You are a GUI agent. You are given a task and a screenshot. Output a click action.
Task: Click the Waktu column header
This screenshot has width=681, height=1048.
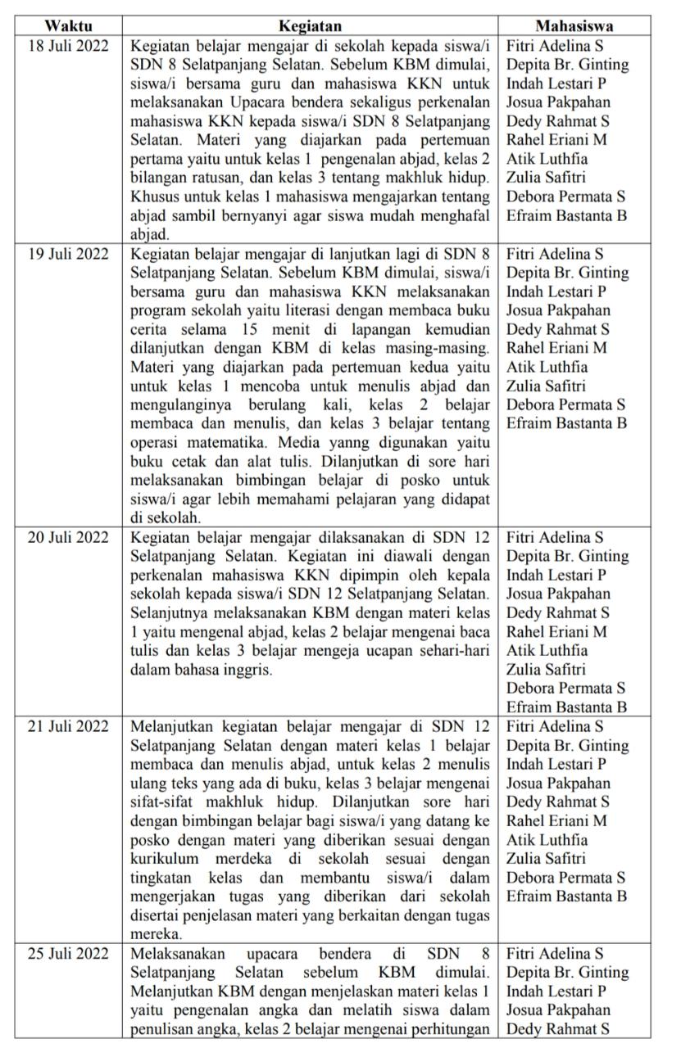pos(68,25)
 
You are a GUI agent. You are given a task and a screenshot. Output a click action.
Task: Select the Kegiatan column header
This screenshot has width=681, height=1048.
pos(310,25)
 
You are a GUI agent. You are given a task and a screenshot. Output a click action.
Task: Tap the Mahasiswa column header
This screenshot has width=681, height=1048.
pos(574,25)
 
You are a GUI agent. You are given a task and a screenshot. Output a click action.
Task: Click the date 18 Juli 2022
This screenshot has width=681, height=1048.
pos(68,45)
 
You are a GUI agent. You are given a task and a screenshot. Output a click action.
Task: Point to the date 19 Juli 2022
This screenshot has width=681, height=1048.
pos(68,254)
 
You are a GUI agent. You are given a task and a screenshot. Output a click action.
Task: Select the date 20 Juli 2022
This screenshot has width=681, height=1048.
pos(68,538)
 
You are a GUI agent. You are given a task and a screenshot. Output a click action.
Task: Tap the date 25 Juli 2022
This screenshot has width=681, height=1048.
pos(68,954)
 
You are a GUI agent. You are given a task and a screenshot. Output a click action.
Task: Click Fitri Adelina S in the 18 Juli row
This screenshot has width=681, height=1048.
pos(555,45)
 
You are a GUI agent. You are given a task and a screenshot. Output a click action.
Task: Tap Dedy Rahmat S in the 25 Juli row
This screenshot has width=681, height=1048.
pos(557,1029)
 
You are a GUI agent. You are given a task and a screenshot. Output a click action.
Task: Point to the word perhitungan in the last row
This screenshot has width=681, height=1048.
pos(452,1029)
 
